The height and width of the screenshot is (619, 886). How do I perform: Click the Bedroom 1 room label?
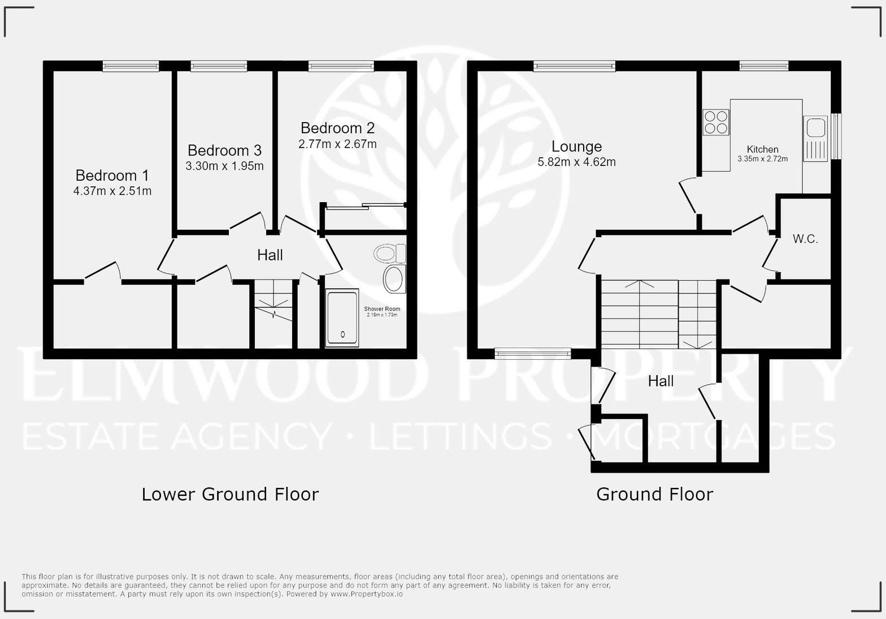click(x=112, y=175)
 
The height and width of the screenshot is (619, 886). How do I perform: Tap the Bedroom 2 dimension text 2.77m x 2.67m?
click(x=337, y=144)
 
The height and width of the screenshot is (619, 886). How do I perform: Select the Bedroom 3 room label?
click(x=224, y=150)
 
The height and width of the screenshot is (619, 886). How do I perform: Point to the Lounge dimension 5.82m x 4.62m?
click(x=576, y=162)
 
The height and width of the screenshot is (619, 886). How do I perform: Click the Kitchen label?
click(x=762, y=149)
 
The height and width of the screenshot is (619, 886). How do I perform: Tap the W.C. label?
click(x=805, y=239)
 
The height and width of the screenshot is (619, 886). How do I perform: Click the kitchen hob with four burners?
click(x=715, y=123)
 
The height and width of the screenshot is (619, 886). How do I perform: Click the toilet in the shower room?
click(x=390, y=254)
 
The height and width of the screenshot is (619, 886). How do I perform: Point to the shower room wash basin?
click(x=394, y=279)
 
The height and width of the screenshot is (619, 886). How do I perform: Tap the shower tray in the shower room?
click(x=342, y=318)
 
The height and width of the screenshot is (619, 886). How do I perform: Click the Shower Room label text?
click(x=382, y=309)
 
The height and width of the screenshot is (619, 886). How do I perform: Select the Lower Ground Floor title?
click(x=230, y=494)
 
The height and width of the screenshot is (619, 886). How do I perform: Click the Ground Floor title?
click(x=654, y=494)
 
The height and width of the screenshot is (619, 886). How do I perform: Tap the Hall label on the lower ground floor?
click(x=270, y=255)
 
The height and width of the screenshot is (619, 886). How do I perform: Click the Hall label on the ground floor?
click(x=661, y=381)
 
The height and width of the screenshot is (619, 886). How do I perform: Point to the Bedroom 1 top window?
click(x=131, y=67)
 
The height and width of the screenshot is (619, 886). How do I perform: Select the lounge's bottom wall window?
click(x=532, y=354)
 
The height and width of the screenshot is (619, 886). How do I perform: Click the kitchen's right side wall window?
click(x=836, y=137)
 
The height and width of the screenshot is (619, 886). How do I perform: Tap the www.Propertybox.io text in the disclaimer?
click(x=367, y=594)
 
